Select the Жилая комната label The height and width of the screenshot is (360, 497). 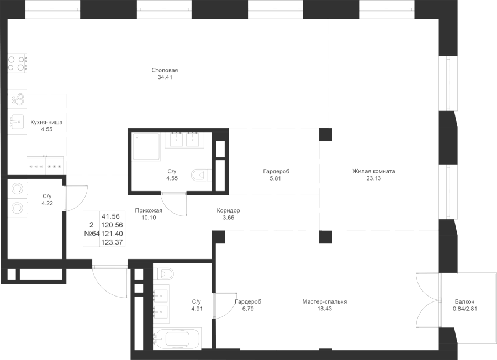click(x=374, y=171)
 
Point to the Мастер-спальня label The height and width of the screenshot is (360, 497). click(x=324, y=302)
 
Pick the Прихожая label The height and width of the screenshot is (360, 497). click(x=149, y=210)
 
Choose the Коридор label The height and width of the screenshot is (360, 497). click(x=229, y=210)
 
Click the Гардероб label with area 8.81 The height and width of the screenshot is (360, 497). click(x=276, y=172)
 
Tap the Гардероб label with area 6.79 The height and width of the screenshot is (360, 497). click(x=247, y=302)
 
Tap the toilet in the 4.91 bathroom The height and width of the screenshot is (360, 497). click(x=164, y=273)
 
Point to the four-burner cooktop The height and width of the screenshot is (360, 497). click(x=16, y=63)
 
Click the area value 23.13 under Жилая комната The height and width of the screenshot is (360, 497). click(x=374, y=178)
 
